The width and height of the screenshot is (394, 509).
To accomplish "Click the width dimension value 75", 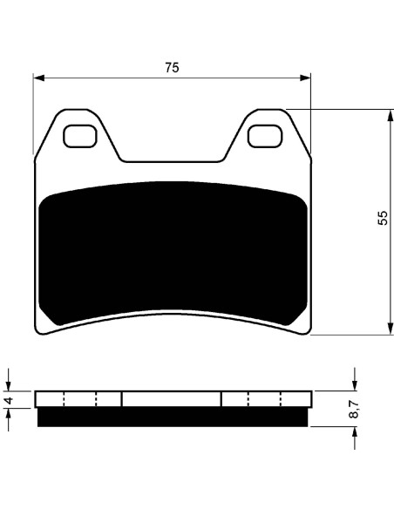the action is (172, 67).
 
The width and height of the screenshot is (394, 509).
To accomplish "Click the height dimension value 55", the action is (383, 218).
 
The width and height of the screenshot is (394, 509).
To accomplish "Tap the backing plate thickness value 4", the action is (9, 400).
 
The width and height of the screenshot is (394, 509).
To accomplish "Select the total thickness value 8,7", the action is (355, 409).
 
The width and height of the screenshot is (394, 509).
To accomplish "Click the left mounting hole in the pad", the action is (80, 136).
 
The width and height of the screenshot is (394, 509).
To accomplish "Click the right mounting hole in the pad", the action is (265, 136).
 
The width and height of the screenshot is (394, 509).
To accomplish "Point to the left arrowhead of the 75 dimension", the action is (39, 78).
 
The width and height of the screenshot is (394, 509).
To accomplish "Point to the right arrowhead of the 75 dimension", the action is (305, 78).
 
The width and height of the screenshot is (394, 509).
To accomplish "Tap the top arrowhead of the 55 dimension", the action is (391, 115).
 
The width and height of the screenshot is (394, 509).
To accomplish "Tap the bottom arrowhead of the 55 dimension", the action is (391, 329).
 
